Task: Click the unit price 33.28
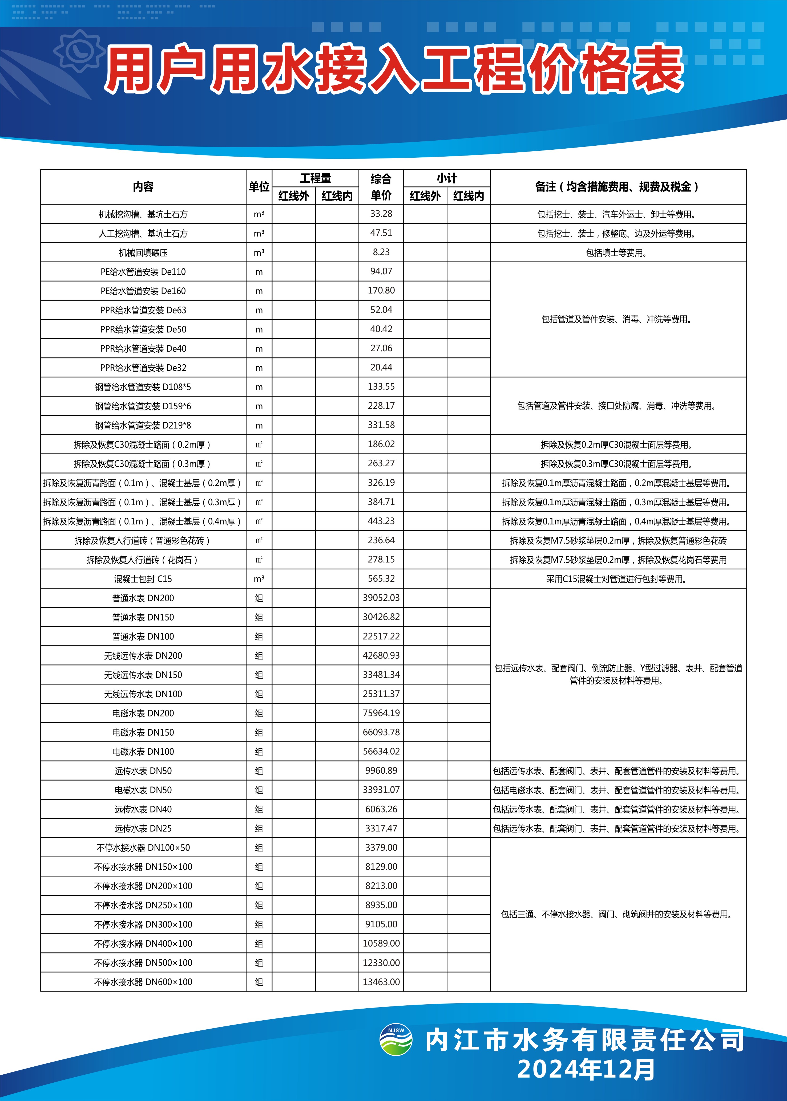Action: [x=381, y=214]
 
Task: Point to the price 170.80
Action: [x=381, y=291]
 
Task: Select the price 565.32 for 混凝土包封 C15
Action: [x=381, y=578]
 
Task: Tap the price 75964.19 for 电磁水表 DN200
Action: [x=381, y=713]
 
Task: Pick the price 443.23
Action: [x=381, y=521]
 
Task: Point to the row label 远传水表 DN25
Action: [x=143, y=828]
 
